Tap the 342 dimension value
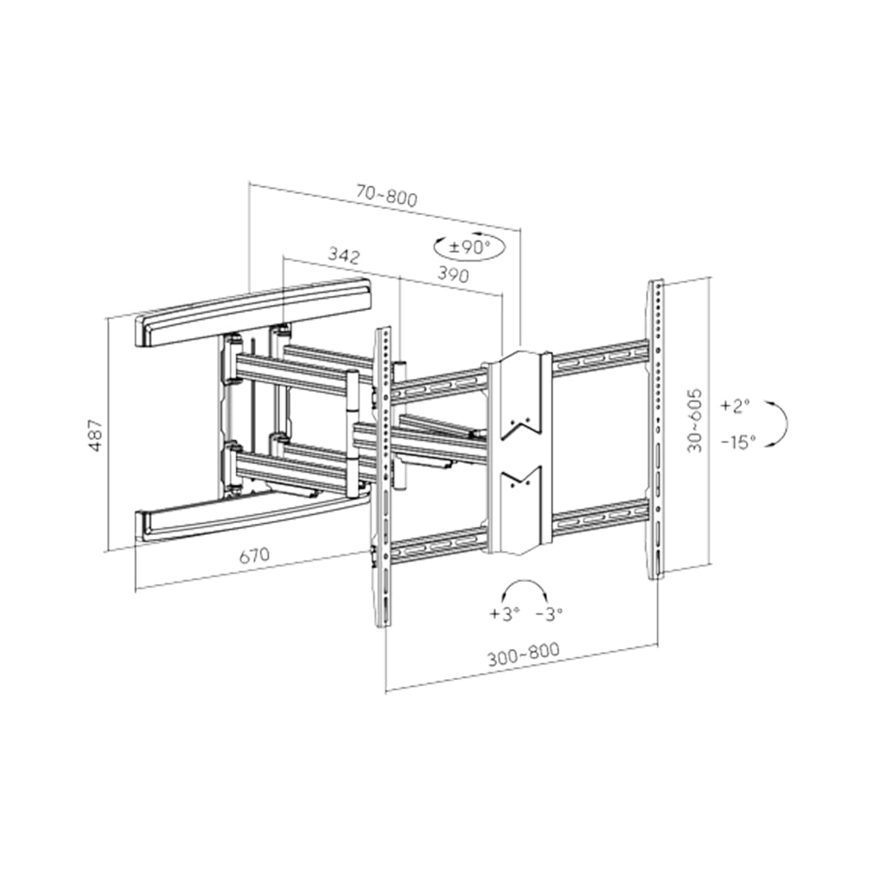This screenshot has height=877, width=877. tap(344, 256)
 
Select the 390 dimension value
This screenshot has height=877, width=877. tap(453, 274)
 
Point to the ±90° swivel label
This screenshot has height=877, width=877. tap(470, 246)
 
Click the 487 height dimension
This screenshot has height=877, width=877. tap(96, 435)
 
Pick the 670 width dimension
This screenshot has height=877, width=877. tap(254, 556)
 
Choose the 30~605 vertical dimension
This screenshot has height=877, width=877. tap(694, 421)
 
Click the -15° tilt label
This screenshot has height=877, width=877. tap(738, 442)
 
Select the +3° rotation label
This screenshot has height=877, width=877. tap(505, 614)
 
